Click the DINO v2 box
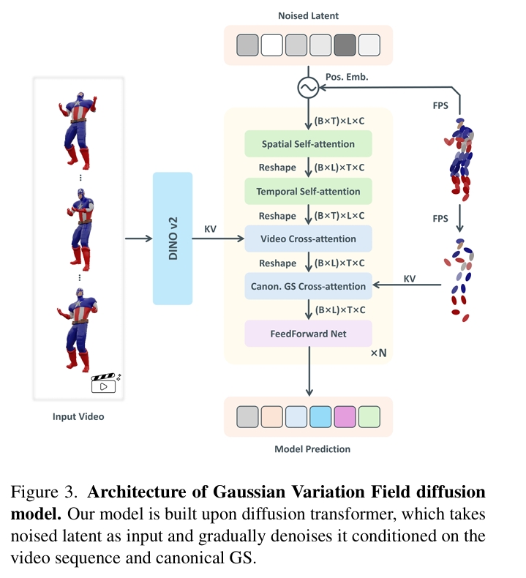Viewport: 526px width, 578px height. click(173, 239)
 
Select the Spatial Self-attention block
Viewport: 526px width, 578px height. click(308, 144)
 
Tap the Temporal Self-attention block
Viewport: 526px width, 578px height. click(308, 192)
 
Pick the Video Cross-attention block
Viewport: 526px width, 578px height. click(308, 239)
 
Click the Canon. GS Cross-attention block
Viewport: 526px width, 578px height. click(308, 285)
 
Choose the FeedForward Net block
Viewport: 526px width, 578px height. click(308, 333)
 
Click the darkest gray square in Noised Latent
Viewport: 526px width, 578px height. click(345, 45)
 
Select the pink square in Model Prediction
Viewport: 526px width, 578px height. click(345, 417)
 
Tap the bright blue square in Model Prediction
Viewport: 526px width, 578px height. click(320, 417)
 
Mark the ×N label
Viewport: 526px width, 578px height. click(378, 353)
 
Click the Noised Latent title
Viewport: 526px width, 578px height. click(308, 15)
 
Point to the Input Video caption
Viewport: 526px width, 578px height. click(78, 416)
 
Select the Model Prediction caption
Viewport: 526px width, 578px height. click(308, 448)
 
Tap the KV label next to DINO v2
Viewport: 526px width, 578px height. click(211, 229)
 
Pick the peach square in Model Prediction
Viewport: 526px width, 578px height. click(272, 417)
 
